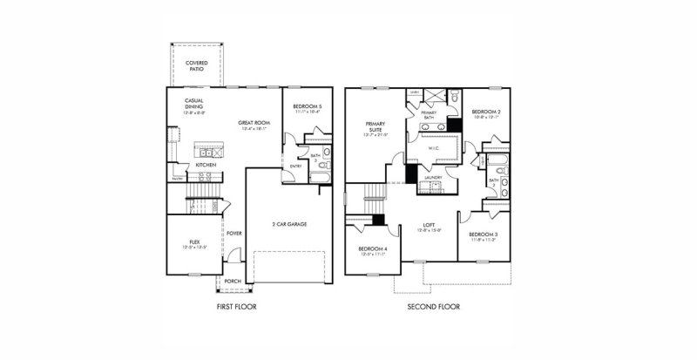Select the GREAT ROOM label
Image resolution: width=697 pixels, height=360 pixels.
[x=254, y=124]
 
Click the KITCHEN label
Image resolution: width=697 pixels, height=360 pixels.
[x=206, y=164]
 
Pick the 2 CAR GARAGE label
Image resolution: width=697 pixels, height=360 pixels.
[x=288, y=224]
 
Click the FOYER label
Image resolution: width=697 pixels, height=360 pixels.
[x=234, y=233]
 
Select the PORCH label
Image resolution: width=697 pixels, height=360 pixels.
[x=233, y=282]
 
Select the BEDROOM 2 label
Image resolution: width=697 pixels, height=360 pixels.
[x=486, y=112]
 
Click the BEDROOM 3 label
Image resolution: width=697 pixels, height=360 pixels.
[x=483, y=234]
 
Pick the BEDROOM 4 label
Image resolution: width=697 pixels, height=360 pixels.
[x=373, y=249]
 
